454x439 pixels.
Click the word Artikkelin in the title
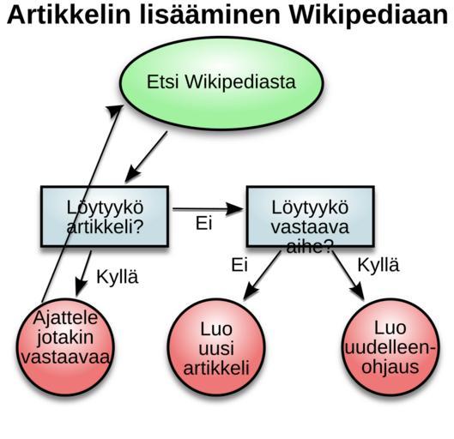[x=69, y=15]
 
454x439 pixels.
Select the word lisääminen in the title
[x=210, y=15]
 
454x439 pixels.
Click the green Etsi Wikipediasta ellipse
[x=221, y=83]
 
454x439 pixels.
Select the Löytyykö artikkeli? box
[x=105, y=216]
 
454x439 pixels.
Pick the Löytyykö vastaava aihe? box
[x=311, y=216]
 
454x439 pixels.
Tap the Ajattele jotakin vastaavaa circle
[x=65, y=347]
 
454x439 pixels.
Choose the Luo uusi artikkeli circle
[x=216, y=347]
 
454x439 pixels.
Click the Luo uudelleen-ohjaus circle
[x=390, y=347]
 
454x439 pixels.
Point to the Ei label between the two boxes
[x=204, y=223]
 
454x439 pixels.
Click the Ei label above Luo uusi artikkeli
[x=239, y=265]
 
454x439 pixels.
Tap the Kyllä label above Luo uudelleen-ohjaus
[x=378, y=265]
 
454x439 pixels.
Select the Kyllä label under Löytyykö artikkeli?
[x=118, y=277]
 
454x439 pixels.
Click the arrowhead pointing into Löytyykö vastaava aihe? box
[x=234, y=209]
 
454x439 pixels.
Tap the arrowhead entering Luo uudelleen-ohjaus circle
[x=358, y=292]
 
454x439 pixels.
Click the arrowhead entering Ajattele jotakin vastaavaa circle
[x=82, y=287]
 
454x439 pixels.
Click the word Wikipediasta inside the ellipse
[x=240, y=81]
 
